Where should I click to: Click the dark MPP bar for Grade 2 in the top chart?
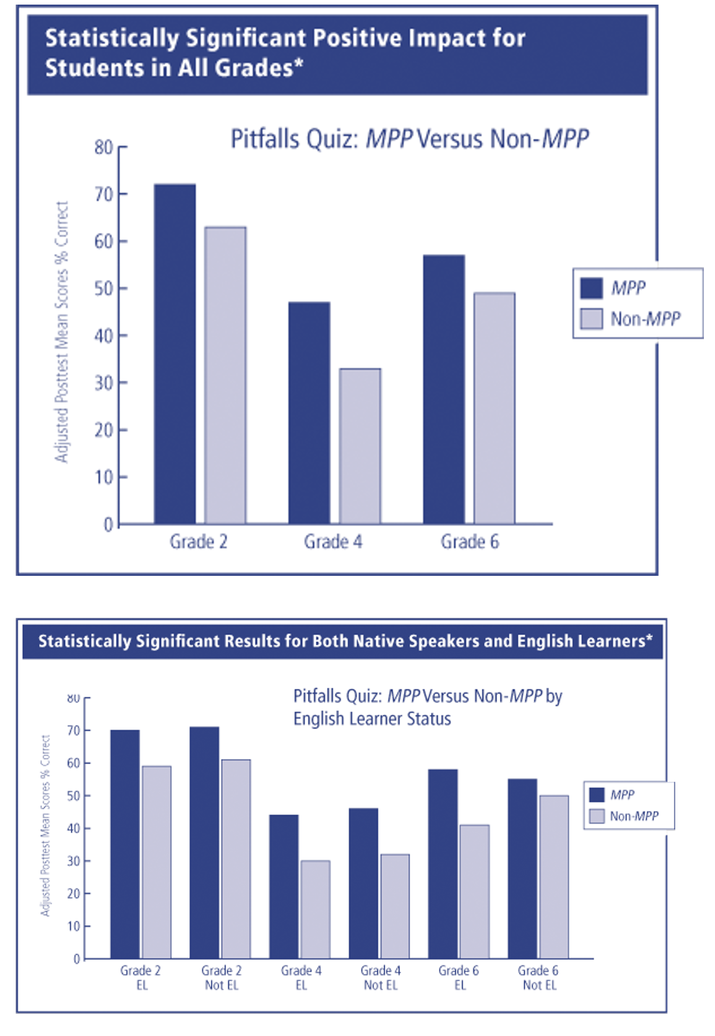click(x=174, y=354)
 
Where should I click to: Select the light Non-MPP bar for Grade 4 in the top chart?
click(x=360, y=446)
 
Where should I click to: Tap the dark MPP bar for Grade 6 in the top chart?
click(x=444, y=389)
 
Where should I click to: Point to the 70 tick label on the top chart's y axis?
click(x=104, y=195)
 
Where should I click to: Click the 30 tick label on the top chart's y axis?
click(x=104, y=383)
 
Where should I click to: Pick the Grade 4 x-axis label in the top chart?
click(x=333, y=542)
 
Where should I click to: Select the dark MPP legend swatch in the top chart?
click(x=592, y=288)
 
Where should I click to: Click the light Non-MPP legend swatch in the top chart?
click(x=592, y=319)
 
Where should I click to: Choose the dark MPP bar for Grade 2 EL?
click(x=125, y=845)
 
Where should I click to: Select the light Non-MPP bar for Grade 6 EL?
click(x=475, y=892)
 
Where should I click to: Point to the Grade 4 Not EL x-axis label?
click(x=381, y=978)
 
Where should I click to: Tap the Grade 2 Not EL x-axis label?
click(x=222, y=978)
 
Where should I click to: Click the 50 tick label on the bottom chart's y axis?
click(x=74, y=796)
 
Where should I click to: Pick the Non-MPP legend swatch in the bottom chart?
click(x=597, y=816)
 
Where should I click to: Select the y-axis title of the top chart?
click(x=62, y=332)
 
